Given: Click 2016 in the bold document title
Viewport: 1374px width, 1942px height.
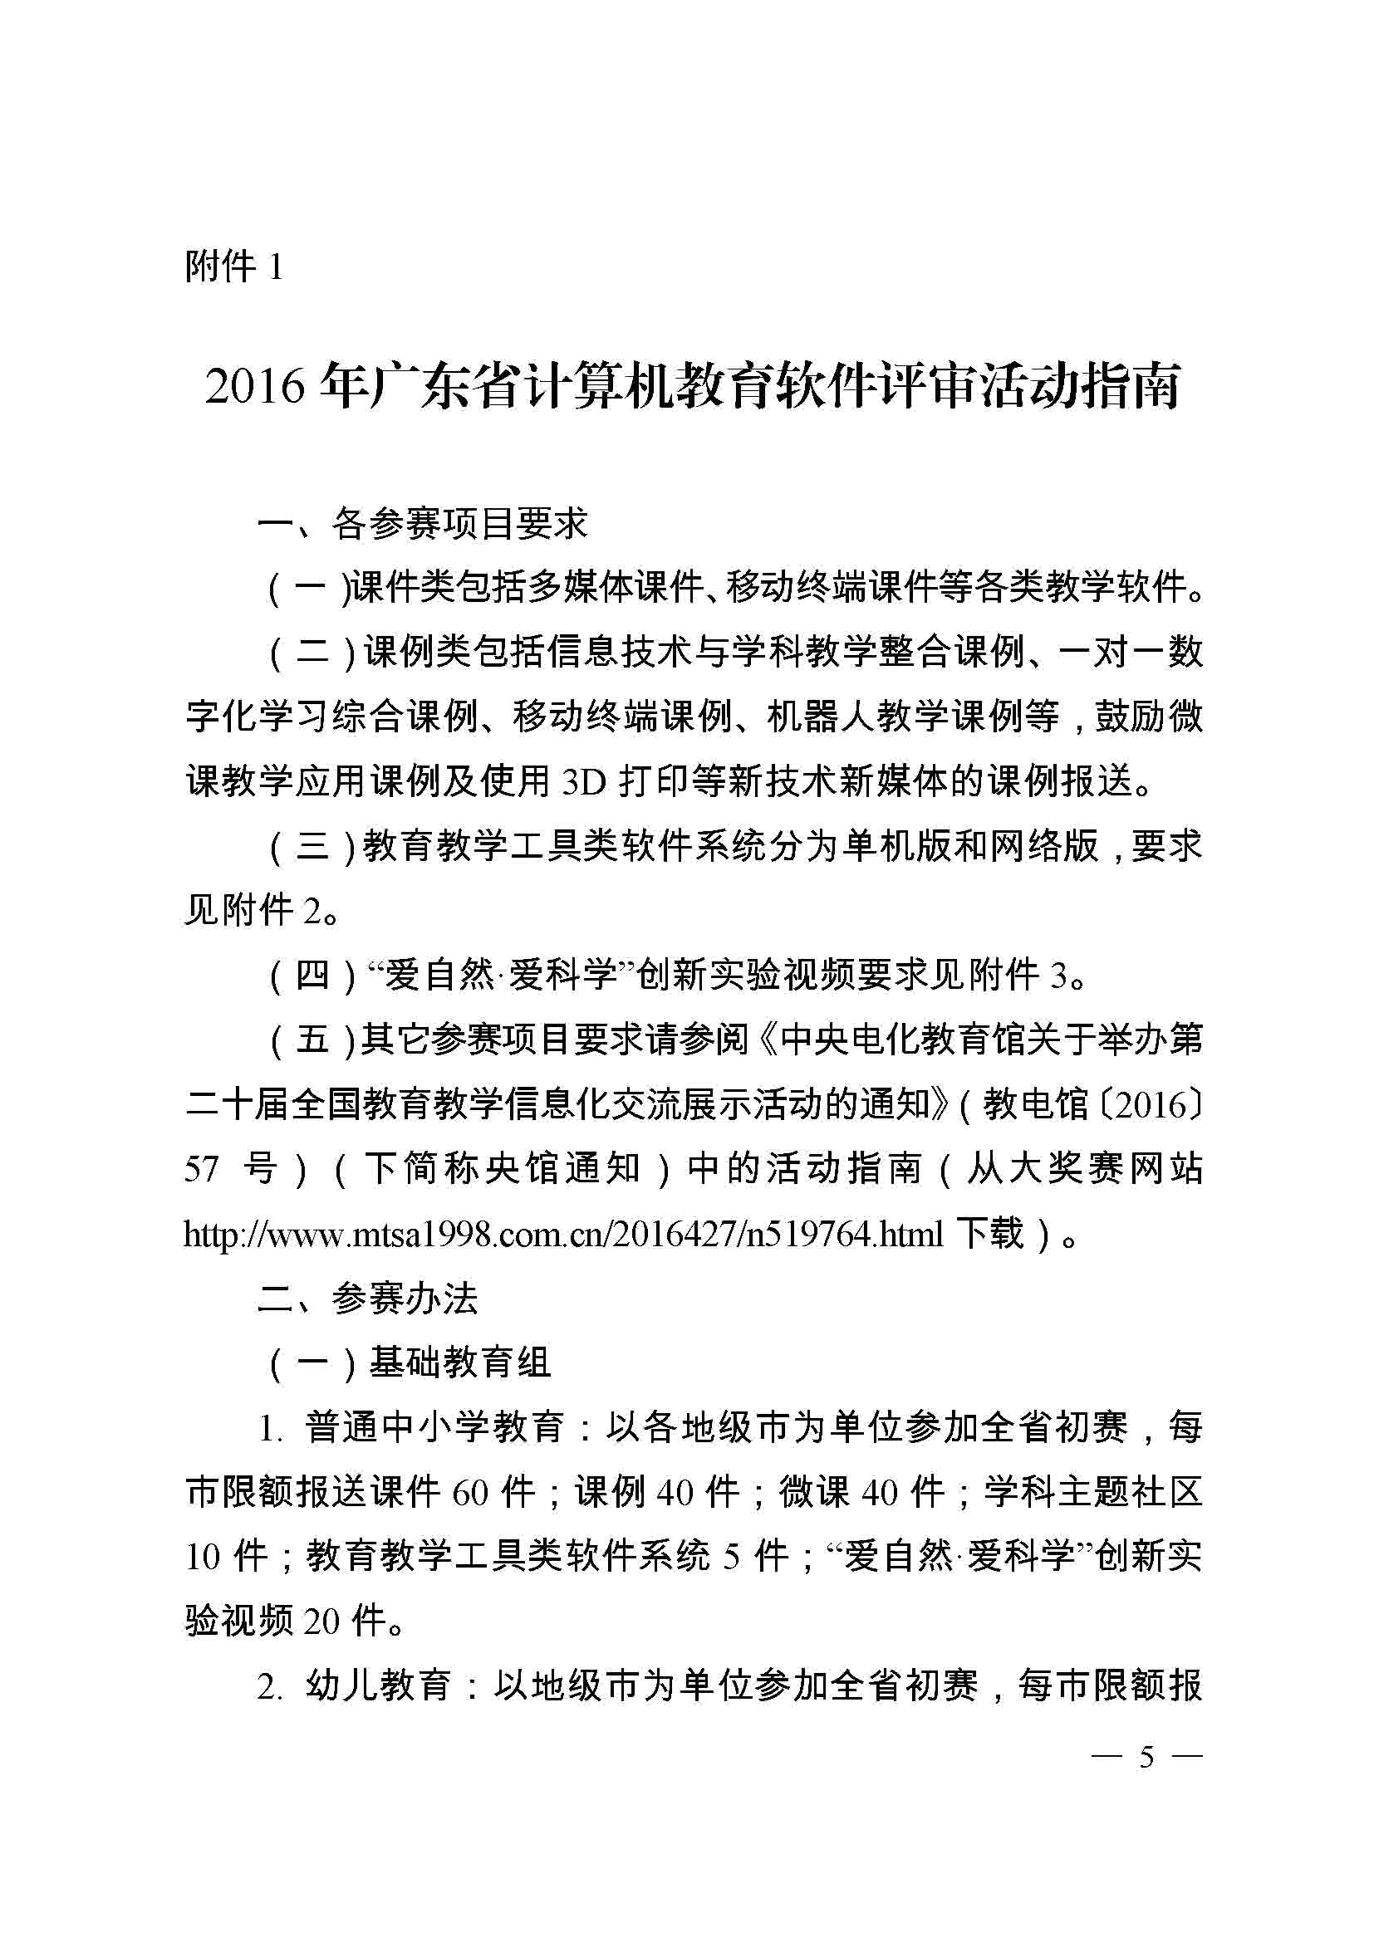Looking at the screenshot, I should (254, 389).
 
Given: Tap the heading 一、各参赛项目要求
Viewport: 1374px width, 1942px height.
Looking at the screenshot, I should (422, 525).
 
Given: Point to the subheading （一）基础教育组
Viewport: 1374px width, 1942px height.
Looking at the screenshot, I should (410, 1363).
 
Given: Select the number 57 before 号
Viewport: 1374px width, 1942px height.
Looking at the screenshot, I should (202, 1170).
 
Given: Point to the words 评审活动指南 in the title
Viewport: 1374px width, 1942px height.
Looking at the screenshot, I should (1036, 389).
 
